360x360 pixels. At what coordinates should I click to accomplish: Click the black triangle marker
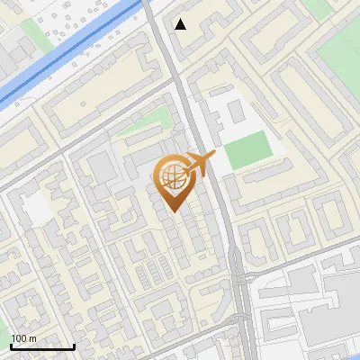[x=182, y=24]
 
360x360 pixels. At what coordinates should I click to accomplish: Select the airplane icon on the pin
[x=200, y=165]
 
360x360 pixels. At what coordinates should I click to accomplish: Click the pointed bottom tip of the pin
[x=174, y=211]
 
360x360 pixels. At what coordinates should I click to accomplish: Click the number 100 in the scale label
[x=20, y=338]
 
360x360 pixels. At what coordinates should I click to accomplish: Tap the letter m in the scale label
[x=33, y=338]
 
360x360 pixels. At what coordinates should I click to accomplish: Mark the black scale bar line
[x=42, y=346]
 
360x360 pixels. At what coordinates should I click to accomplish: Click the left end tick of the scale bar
[x=12, y=345]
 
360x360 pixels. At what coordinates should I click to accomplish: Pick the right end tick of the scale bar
[x=74, y=345]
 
